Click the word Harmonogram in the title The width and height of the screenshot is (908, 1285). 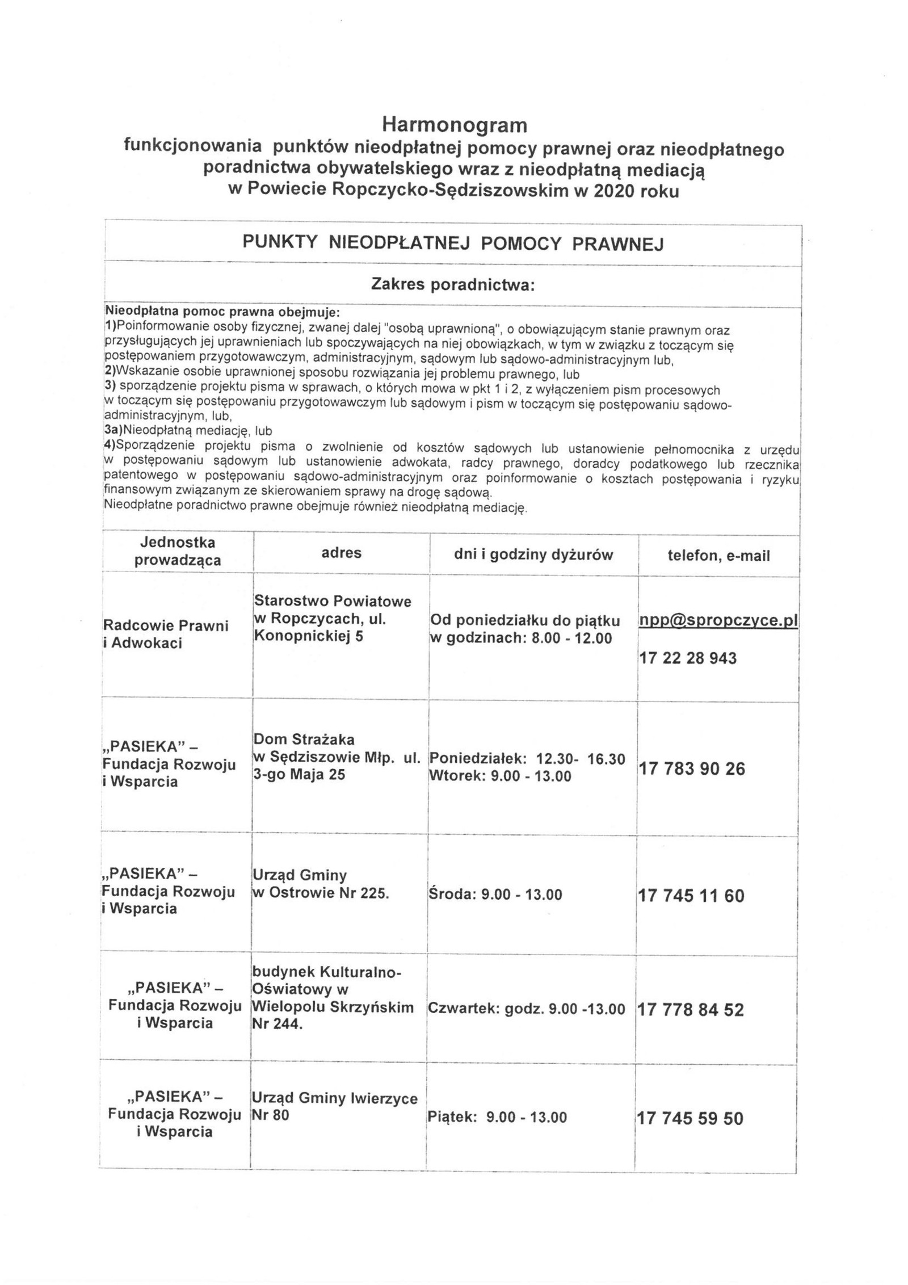(454, 124)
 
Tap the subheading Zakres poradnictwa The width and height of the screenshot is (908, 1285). (453, 284)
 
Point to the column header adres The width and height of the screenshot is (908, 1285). (341, 553)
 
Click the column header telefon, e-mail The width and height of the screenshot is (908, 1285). (718, 556)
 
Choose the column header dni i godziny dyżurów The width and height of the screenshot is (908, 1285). (533, 555)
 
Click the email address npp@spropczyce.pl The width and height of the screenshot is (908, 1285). (718, 620)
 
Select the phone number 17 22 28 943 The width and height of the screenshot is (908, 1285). (687, 658)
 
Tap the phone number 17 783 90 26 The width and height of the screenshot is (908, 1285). (691, 769)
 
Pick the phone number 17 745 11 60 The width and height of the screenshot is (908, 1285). (691, 896)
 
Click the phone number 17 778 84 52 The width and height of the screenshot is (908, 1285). (690, 1010)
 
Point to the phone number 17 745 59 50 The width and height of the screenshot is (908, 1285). (690, 1118)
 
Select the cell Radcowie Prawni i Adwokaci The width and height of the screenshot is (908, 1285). (166, 634)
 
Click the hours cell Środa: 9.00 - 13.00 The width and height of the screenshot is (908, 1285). (495, 895)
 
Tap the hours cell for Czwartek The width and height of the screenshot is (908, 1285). (526, 1009)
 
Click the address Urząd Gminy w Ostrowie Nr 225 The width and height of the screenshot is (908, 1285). (321, 884)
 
